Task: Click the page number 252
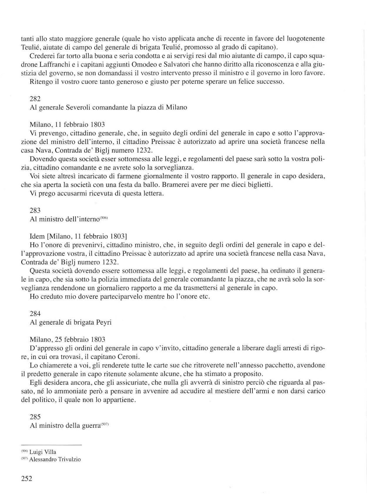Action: tap(26, 479)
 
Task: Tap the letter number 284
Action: tap(35, 313)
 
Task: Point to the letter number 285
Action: tap(35, 417)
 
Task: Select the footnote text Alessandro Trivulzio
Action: tap(55, 459)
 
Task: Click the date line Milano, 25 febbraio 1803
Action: tap(68, 340)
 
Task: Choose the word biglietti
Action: tap(260, 185)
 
